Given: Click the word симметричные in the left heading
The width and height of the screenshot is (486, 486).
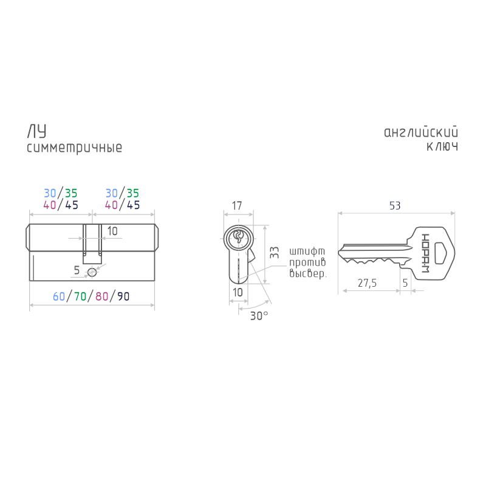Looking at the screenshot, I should pos(74,148).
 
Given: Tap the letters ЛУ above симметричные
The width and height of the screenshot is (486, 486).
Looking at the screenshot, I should pos(36,132).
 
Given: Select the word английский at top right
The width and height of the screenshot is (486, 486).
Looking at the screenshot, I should pos(420,132).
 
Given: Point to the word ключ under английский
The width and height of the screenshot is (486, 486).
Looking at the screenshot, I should pos(442,147).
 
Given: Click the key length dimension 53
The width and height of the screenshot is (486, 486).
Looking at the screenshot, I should pos(395,205).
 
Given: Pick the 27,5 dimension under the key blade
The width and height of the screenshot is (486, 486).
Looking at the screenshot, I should pos(367,283).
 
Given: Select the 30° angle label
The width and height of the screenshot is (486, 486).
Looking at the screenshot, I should pos(258,316).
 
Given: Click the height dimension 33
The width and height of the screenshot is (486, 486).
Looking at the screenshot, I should pos(275,253).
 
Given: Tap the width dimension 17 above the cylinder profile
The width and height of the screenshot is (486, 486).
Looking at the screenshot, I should pos(237,205).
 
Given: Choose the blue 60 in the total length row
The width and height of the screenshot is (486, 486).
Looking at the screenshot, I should pos(59,296).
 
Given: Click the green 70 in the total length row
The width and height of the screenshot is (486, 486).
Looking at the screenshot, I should pos(80,296).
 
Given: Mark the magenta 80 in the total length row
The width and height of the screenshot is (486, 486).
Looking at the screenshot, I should pos(101,296).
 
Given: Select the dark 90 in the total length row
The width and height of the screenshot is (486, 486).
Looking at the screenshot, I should pos(123,296).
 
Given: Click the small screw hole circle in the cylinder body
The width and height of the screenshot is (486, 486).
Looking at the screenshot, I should pos(92,271).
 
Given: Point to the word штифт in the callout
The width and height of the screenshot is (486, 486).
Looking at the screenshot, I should pos(307,251).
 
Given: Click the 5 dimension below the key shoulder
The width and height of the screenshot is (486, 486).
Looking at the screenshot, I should pos(405,283).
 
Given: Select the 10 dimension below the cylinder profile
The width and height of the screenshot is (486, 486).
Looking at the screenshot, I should pos(238,292).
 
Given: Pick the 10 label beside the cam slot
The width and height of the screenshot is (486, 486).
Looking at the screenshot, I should pos(112,231).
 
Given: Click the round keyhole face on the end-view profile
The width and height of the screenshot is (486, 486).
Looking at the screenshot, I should pos(238,238).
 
